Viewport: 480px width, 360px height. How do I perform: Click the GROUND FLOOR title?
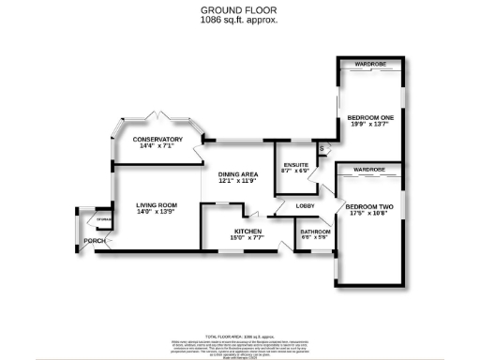240,11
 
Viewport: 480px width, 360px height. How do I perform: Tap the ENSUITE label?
291,164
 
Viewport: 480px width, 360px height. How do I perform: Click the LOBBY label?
305,205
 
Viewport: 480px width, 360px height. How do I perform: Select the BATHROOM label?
313,231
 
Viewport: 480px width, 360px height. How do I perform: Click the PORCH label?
94,241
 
